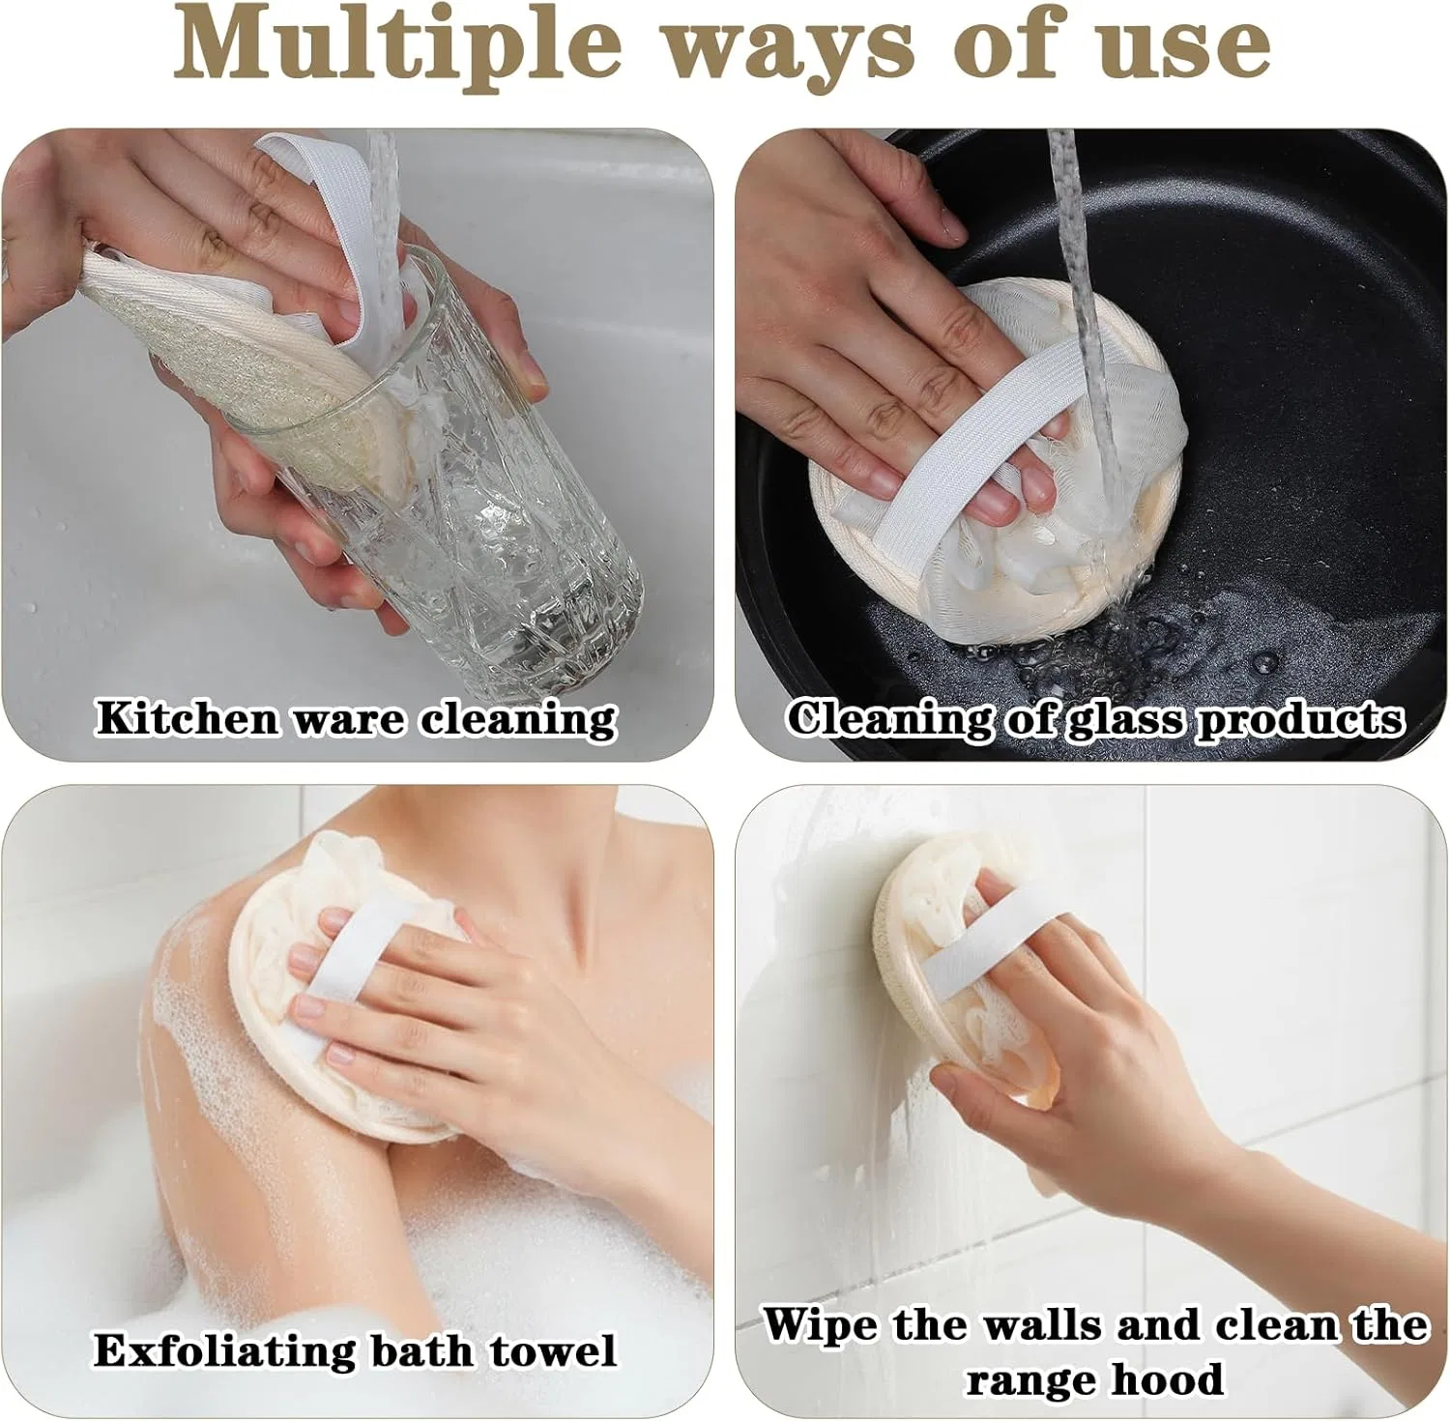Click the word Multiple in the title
395,44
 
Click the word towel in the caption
553,1350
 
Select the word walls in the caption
1043,1324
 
